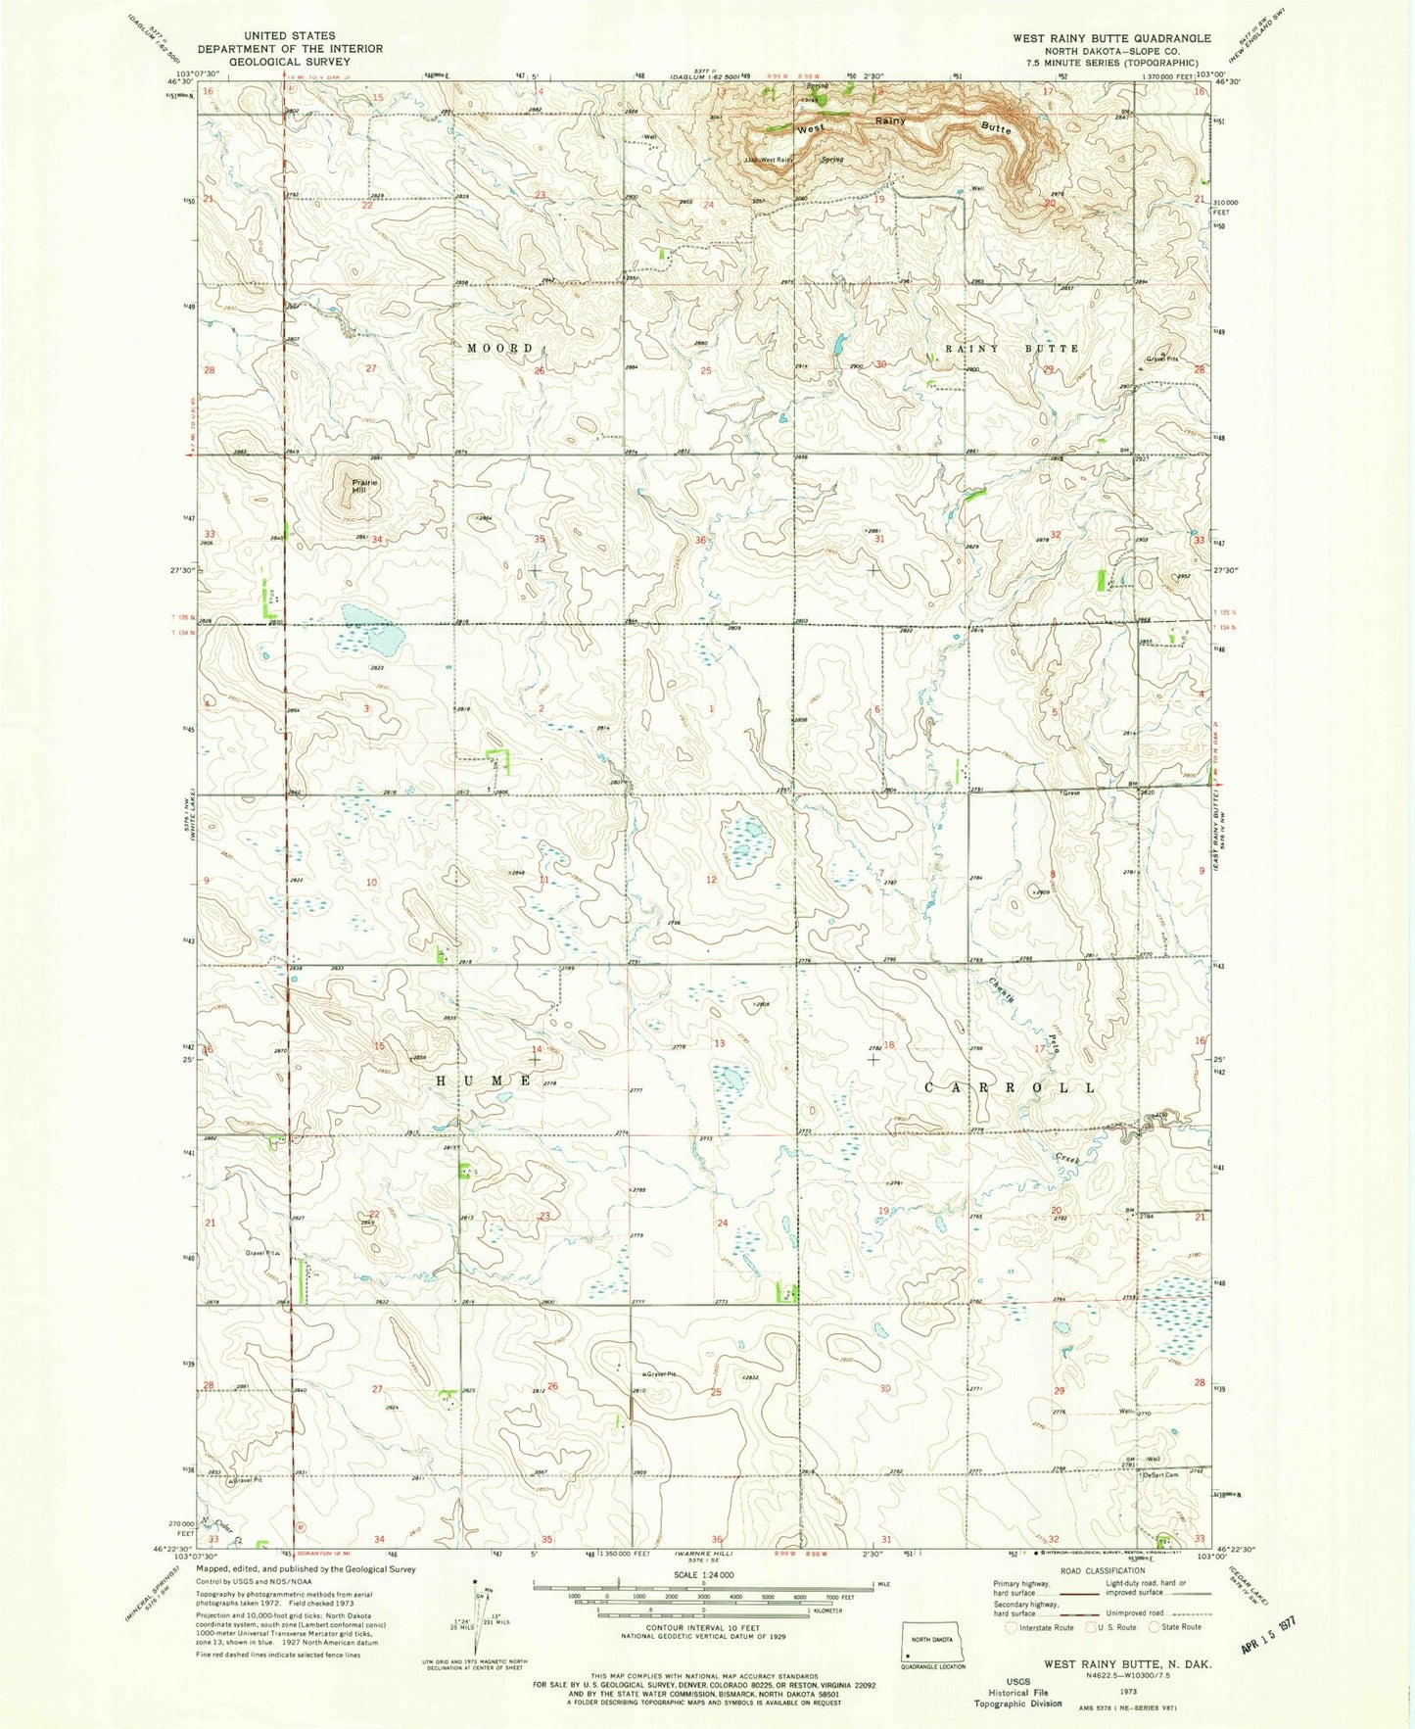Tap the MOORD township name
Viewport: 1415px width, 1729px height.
500,349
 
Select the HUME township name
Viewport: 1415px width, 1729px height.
484,1080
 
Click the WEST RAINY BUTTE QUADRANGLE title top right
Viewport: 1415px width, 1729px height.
1112,38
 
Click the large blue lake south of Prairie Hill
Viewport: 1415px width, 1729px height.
373,630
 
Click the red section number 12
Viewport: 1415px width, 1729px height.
711,880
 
